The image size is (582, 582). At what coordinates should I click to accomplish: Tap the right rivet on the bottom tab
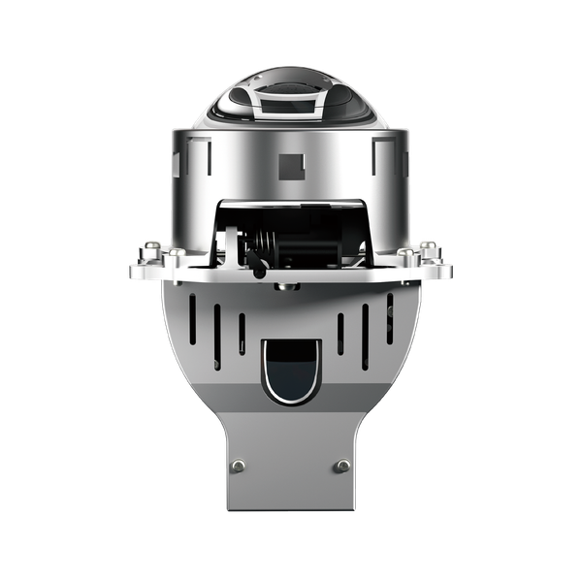pyautogui.click(x=341, y=467)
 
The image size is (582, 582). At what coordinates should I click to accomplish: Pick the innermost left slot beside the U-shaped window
pyautogui.click(x=242, y=334)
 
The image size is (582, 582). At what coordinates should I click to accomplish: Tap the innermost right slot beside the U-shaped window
pyautogui.click(x=339, y=334)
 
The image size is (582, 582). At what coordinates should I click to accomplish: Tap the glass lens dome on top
pyautogui.click(x=291, y=97)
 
